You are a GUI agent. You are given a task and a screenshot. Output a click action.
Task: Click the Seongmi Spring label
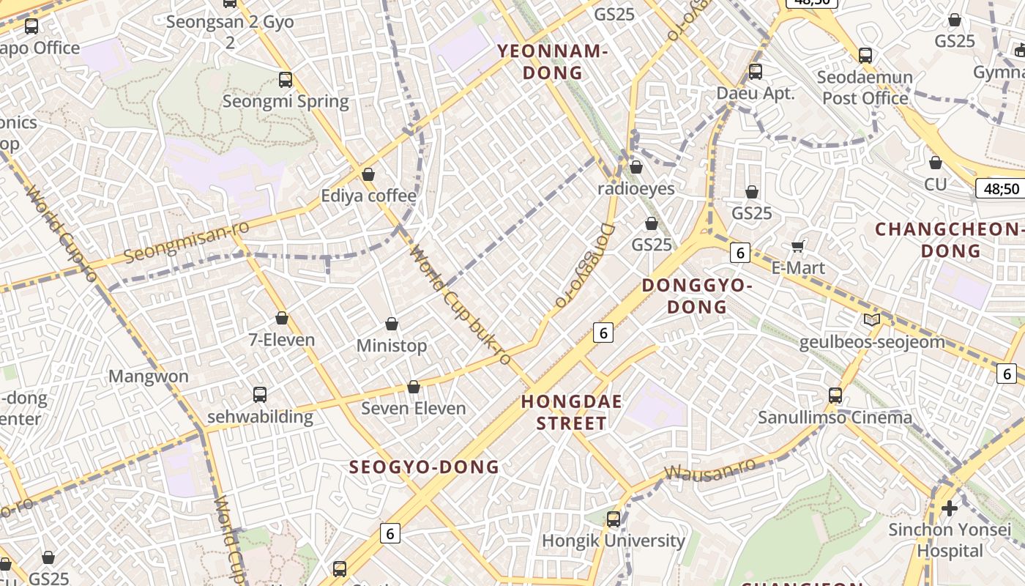pos(286,101)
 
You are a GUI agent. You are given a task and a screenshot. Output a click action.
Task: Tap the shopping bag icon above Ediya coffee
pos(368,174)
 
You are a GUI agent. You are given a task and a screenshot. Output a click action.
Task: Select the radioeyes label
pos(636,188)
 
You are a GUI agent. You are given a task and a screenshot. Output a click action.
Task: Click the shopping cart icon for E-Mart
pos(798,246)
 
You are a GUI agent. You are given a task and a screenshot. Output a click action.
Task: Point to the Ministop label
pos(392,345)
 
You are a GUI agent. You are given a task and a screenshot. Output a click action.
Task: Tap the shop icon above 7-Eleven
pos(282,318)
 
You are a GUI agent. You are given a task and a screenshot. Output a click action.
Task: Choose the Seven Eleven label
pos(414,408)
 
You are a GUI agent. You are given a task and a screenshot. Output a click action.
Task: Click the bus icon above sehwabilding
pos(260,395)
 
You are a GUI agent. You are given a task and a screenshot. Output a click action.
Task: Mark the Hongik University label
pos(614,541)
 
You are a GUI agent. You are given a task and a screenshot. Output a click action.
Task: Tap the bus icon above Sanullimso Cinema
pos(835,396)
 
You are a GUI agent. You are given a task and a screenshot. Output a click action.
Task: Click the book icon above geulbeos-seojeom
pos(871,319)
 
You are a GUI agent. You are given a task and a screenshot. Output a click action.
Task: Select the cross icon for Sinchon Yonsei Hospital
pos(950,508)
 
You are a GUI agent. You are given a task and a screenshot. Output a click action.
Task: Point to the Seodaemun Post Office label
pos(865,87)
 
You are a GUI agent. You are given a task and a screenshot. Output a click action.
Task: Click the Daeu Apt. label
pos(756,93)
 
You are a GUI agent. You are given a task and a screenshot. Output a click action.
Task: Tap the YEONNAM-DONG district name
pos(553,62)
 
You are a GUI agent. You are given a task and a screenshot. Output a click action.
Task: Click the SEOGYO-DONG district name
pos(424,467)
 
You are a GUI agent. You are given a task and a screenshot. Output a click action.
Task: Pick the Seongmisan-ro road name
pos(186,241)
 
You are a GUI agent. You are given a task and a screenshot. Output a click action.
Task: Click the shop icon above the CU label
pos(935,163)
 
